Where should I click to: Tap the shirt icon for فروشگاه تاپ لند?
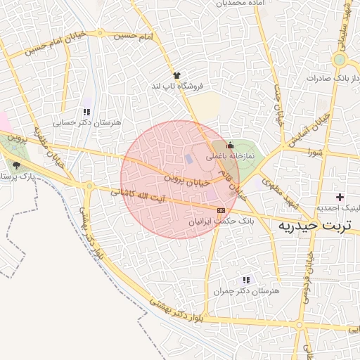(176, 75)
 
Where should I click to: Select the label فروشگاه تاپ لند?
(176, 86)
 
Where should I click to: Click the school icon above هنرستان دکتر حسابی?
(86, 112)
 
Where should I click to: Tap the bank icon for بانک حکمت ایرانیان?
(222, 210)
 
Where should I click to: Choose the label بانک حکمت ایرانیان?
(219, 221)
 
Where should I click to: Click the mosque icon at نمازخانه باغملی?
(230, 145)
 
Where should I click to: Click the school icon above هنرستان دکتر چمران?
(245, 280)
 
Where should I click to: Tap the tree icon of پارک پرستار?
(16, 165)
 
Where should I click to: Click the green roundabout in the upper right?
(340, 60)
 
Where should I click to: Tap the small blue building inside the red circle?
(188, 158)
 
